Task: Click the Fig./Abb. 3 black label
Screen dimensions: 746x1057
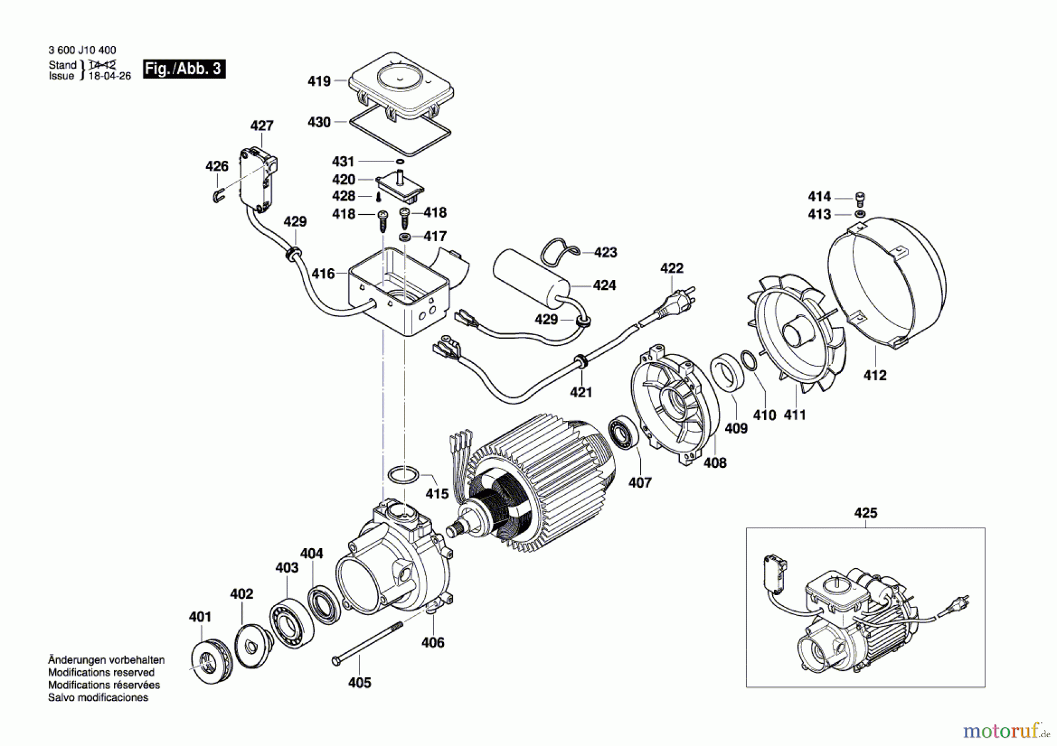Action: pos(184,69)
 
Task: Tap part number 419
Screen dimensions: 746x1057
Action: pos(319,81)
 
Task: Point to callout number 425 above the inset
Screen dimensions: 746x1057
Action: pos(865,513)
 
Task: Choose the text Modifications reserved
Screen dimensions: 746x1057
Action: pos(101,672)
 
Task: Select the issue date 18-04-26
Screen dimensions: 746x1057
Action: pos(110,76)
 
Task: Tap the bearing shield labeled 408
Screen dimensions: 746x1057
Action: pos(675,405)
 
